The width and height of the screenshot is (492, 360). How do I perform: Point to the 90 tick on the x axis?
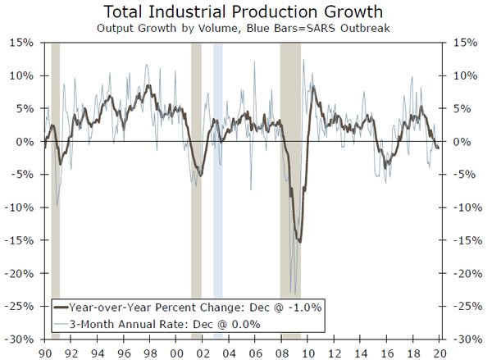(43, 351)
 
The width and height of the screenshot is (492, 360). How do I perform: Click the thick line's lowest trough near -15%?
(299, 242)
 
